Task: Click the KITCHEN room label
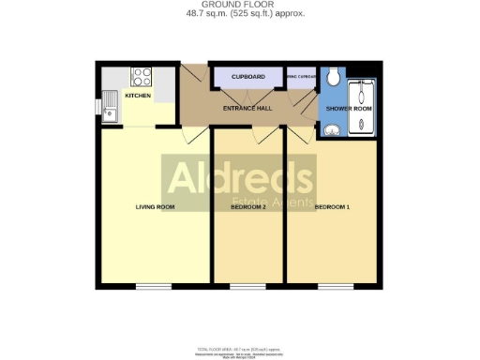[x=138, y=95]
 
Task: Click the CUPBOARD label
[x=247, y=77]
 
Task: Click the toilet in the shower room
[x=335, y=76]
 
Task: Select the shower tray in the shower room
[x=362, y=107]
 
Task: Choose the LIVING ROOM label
[x=156, y=206]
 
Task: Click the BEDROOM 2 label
[x=248, y=206]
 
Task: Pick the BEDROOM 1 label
[x=332, y=206]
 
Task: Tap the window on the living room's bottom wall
[x=154, y=286]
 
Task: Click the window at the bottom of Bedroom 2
[x=248, y=286]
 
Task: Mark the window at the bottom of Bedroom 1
[x=332, y=286]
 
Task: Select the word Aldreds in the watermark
[x=239, y=177]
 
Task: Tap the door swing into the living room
[x=191, y=136]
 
